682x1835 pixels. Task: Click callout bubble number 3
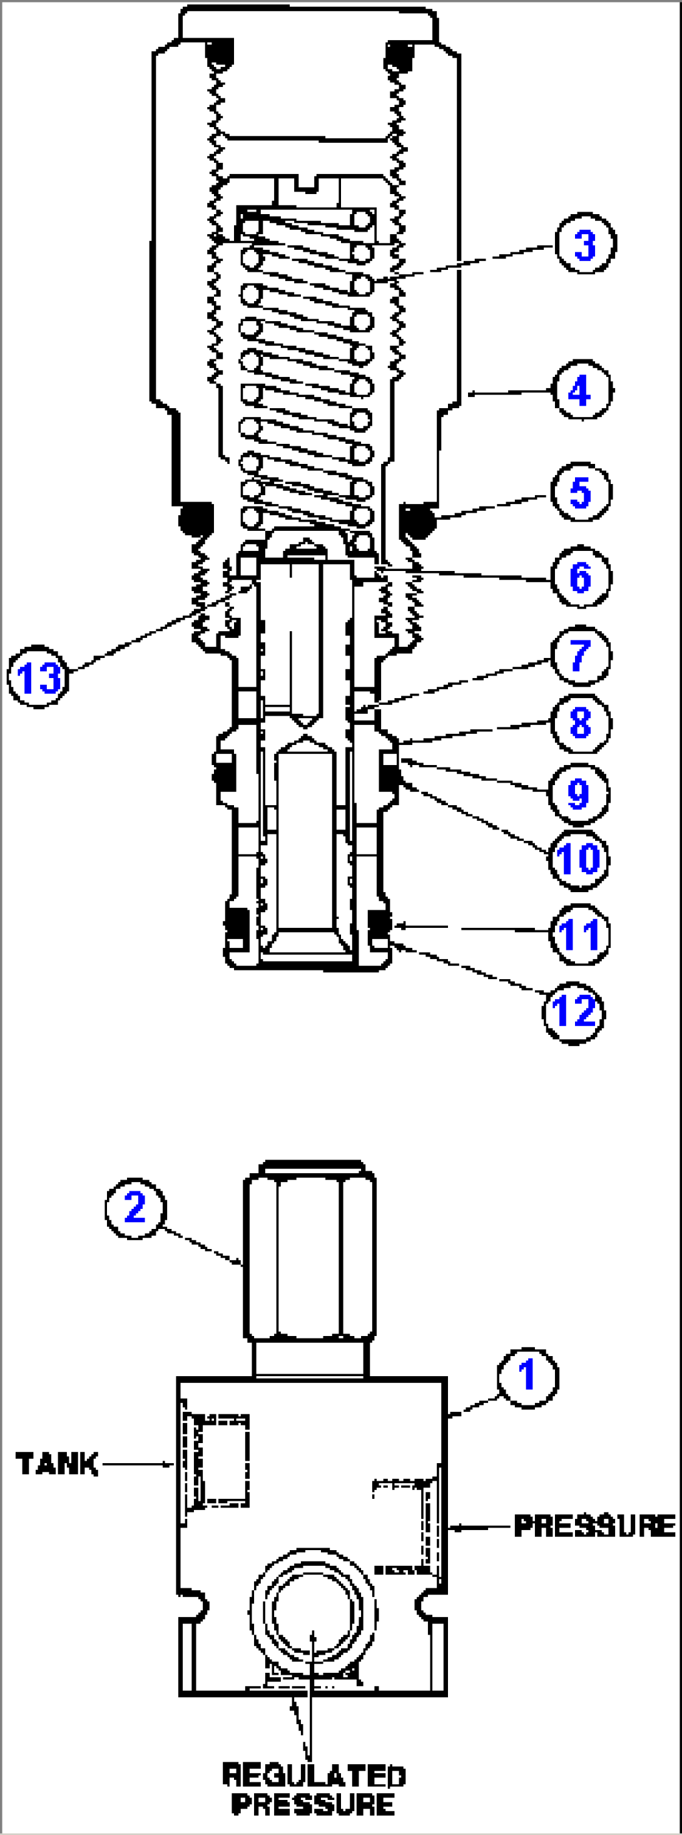584,244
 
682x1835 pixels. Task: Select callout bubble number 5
580,492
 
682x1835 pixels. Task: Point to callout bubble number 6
580,577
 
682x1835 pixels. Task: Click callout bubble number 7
580,655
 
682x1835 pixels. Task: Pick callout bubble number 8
580,723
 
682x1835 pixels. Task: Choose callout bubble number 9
578,793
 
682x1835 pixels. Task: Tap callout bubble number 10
578,859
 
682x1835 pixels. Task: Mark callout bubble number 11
579,935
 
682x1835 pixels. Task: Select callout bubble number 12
573,1012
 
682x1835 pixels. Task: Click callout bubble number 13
38,677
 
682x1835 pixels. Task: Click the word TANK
57,1464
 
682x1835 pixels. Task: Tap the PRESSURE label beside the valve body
594,1526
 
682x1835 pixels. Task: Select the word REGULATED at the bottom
313,1775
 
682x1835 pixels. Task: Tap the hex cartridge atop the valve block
310,1257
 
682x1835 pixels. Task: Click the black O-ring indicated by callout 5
419,520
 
